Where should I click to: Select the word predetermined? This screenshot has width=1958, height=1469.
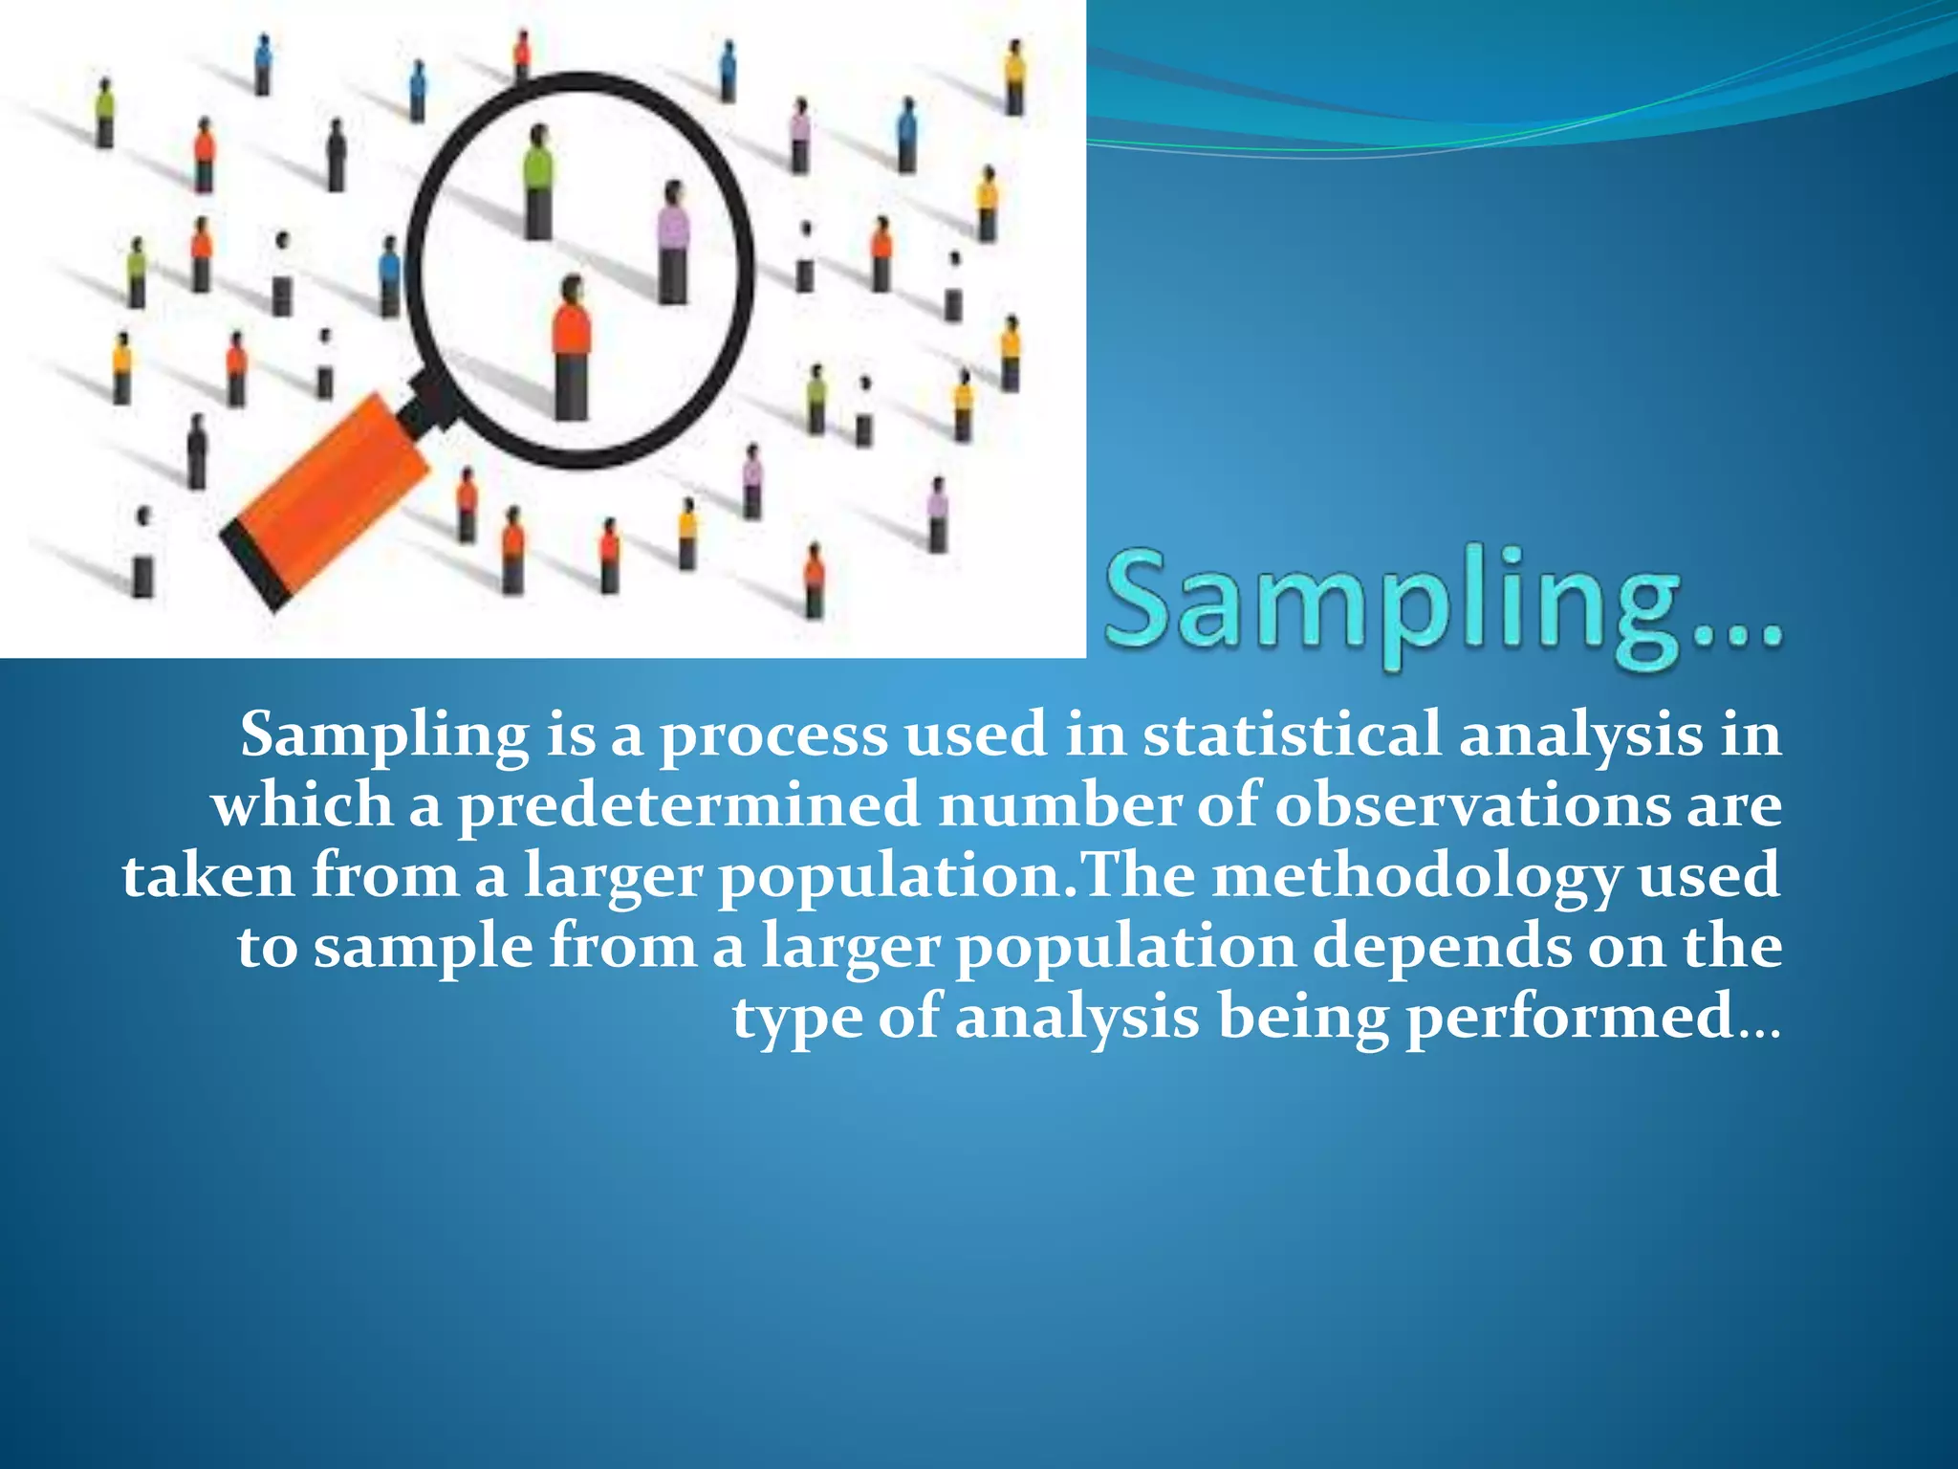(x=688, y=805)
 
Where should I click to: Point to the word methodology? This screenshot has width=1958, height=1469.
(x=1415, y=876)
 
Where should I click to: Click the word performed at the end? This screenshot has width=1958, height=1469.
(x=1569, y=1016)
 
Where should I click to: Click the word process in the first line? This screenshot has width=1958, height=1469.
(x=773, y=736)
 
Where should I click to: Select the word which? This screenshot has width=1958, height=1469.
(x=302, y=805)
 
